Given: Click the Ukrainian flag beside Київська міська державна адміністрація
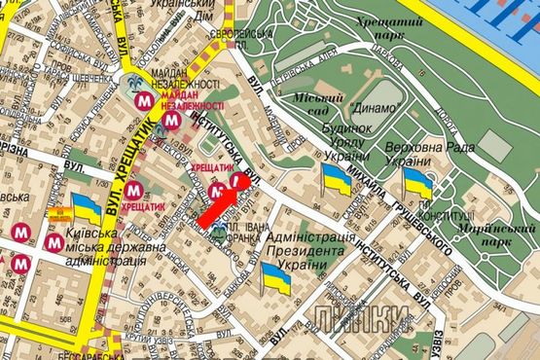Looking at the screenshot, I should coord(86,206).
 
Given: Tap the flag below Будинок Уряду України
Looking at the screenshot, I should coord(337,179).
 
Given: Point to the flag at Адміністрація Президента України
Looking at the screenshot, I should coord(276,277).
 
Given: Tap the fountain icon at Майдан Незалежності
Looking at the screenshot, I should coord(133,82).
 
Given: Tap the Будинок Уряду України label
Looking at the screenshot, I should coord(343,141).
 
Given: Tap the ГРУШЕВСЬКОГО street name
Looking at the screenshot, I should coord(420,225).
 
